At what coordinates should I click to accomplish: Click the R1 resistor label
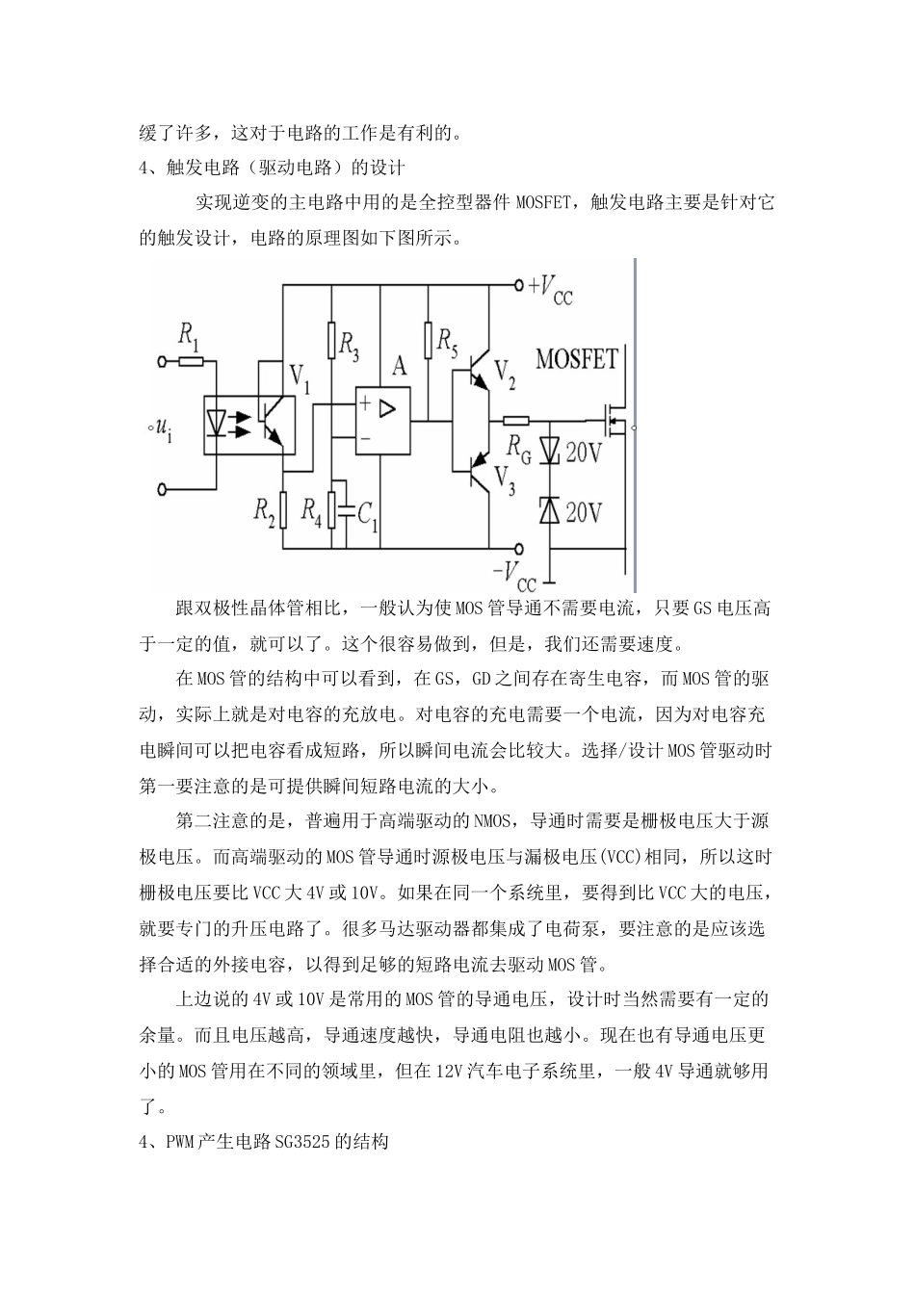pos(189,336)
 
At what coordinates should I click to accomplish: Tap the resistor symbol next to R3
pos(331,339)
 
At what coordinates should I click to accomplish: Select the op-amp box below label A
pos(382,415)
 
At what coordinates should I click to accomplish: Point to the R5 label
pos(448,339)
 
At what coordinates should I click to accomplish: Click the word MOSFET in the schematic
pos(576,360)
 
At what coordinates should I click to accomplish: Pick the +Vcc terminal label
pos(552,287)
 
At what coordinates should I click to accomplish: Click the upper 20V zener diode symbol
pos(549,450)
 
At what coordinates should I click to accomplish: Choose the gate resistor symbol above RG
pos(516,420)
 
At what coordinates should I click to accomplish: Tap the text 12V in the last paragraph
pos(452,1071)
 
